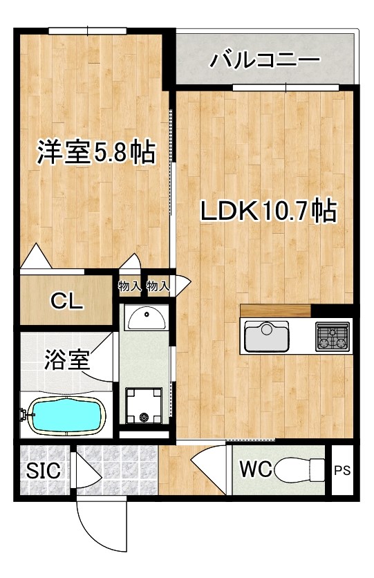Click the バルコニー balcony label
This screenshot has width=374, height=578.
point(265,59)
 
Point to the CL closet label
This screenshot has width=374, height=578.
point(66,301)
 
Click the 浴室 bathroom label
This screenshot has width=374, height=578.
point(68,360)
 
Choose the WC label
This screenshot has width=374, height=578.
point(255,469)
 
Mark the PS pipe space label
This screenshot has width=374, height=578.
point(342,471)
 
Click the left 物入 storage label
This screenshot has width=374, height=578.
point(130,285)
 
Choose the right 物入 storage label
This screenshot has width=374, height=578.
point(158,285)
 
